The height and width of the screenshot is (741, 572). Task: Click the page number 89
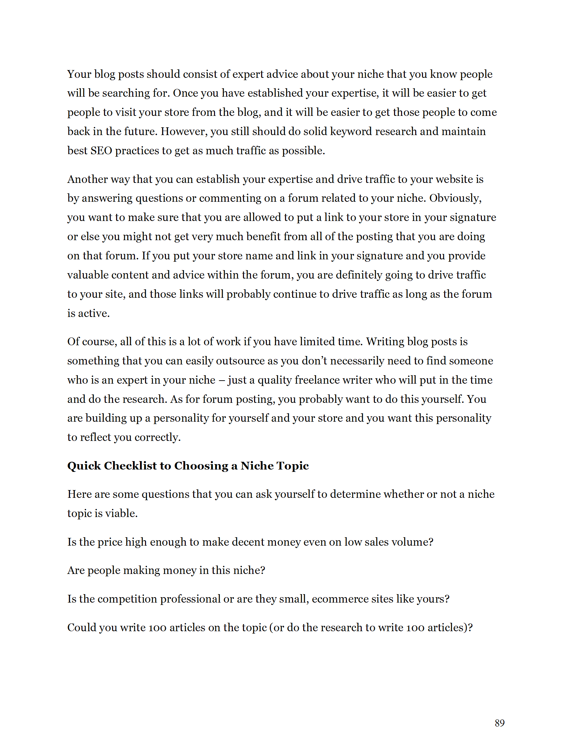499,723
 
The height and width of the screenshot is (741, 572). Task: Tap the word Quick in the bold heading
84,466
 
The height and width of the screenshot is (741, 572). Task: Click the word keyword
351,131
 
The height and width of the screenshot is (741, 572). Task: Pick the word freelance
317,380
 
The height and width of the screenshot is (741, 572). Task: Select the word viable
121,513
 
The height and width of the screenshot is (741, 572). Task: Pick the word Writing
385,342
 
